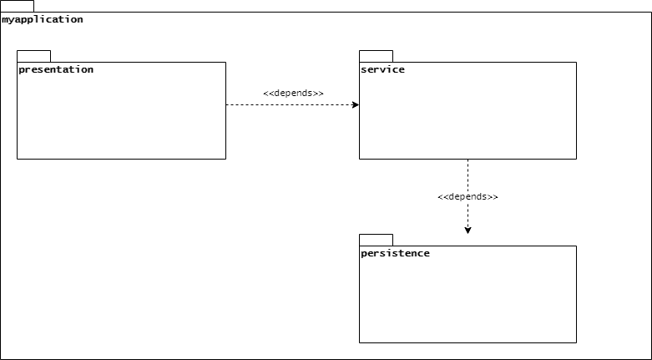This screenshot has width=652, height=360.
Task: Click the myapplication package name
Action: [43, 19]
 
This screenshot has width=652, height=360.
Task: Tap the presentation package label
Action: [56, 69]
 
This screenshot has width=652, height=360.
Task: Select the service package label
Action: [382, 69]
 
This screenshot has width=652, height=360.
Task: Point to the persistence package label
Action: [395, 253]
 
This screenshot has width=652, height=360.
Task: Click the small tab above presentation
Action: [33, 56]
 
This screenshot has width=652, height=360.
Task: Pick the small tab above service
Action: [376, 56]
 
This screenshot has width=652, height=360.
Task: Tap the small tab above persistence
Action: [376, 240]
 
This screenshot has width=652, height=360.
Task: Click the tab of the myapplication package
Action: [17, 6]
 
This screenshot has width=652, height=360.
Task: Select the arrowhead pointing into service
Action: [356, 105]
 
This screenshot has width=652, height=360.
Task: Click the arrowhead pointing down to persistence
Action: [468, 231]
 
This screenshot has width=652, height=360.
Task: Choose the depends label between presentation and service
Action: [293, 94]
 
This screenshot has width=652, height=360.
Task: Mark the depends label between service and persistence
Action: [468, 196]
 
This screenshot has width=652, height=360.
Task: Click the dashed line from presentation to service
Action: [292, 105]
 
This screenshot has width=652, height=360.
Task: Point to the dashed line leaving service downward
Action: [468, 196]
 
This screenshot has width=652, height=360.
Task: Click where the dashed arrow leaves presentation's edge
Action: [226, 105]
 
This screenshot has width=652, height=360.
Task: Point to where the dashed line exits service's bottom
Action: [468, 159]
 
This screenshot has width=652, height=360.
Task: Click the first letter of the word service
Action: [364, 69]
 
